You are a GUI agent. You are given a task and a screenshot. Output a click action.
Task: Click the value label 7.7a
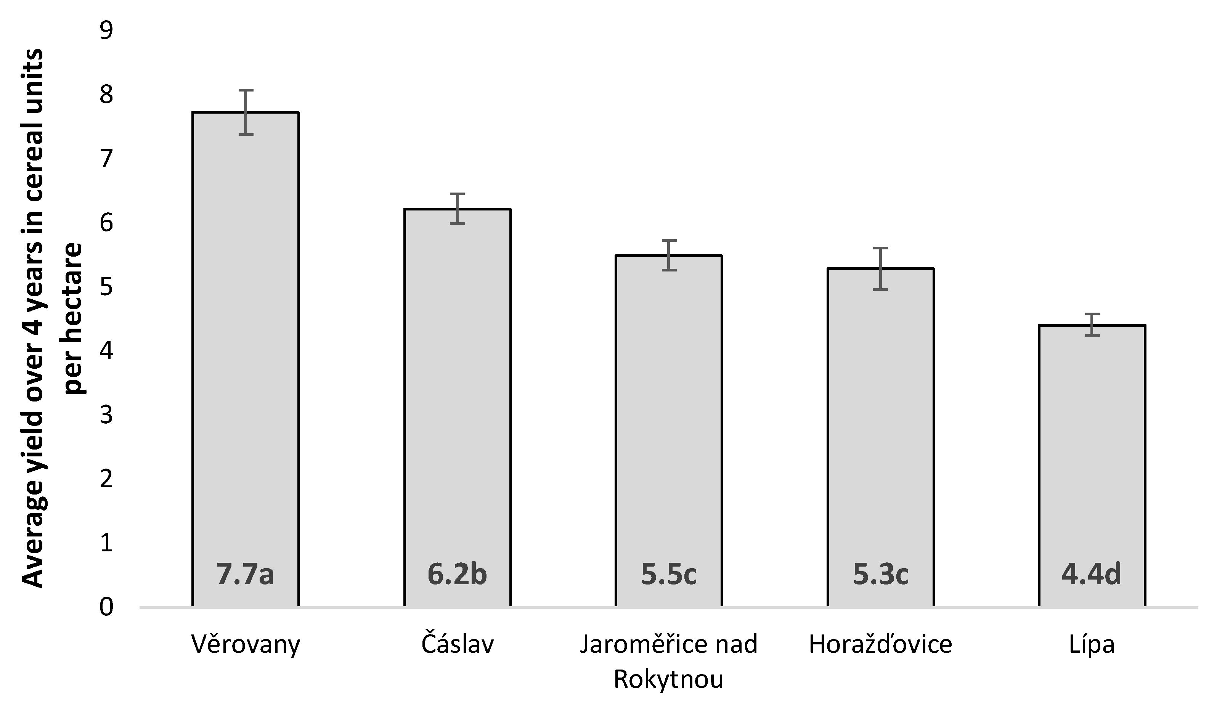[x=245, y=575]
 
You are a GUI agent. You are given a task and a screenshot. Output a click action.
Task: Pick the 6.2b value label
[x=457, y=575]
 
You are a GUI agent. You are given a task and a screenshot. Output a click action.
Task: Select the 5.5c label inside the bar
[x=669, y=575]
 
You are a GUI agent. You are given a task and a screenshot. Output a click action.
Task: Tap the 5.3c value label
[x=880, y=575]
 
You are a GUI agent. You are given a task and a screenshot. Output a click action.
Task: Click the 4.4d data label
[x=1092, y=575]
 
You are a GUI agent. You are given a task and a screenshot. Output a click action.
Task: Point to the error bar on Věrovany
[x=246, y=112]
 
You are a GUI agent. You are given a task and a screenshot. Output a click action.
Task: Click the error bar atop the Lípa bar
[x=1092, y=324]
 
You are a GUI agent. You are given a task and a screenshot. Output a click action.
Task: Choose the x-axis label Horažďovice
[x=880, y=644]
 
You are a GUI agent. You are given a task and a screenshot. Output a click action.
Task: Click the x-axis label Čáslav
[x=457, y=644]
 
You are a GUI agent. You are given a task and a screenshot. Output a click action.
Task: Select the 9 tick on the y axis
[x=106, y=31]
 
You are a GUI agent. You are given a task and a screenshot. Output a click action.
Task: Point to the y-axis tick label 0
[x=106, y=607]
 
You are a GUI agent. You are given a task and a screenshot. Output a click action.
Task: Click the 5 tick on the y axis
[x=106, y=287]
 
